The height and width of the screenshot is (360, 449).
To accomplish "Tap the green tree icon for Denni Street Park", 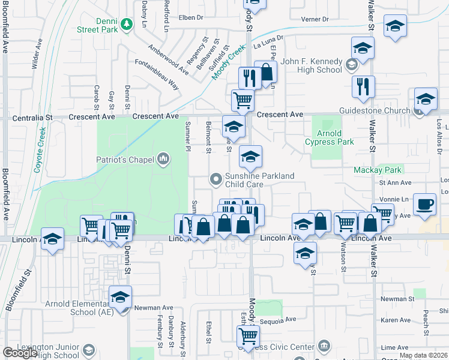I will coord(126,23).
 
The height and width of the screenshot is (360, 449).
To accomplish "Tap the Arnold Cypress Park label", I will coord(329,137).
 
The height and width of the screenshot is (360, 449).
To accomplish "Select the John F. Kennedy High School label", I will coord(312,65).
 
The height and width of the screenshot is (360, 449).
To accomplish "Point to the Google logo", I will coord(20,353).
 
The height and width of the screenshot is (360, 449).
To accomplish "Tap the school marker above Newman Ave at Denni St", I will coord(121,298).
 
